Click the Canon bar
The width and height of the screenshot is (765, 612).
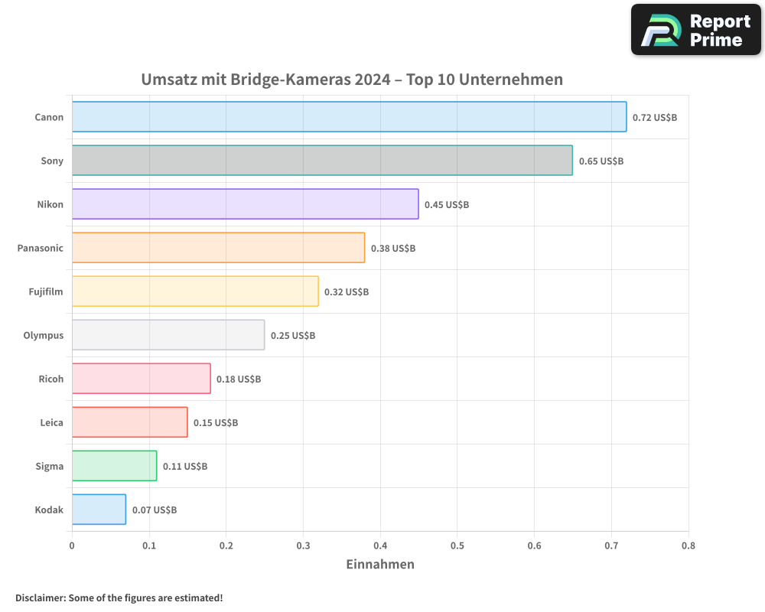pos(349,117)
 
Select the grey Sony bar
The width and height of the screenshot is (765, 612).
pos(322,161)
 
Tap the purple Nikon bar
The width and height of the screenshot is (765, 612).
pos(245,204)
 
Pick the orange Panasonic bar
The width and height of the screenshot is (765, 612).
pos(218,248)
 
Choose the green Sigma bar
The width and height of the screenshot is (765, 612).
pos(114,466)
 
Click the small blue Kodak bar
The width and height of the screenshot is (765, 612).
pos(99,509)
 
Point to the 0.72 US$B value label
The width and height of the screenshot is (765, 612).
pos(654,118)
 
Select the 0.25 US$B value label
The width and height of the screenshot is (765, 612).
pos(292,336)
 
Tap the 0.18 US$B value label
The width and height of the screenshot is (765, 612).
pos(239,379)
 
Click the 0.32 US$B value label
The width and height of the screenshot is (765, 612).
pos(346,292)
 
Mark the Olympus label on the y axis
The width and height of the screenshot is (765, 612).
pos(44,336)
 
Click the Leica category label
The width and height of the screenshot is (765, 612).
pos(52,422)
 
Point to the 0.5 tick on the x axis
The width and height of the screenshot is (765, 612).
pos(457,546)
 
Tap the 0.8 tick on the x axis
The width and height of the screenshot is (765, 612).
pos(688,546)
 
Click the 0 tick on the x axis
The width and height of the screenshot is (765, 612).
pos(72,546)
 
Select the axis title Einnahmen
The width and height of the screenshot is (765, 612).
pos(380,565)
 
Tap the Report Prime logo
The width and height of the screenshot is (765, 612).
pos(695,30)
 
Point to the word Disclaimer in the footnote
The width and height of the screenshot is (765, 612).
pos(39,598)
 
